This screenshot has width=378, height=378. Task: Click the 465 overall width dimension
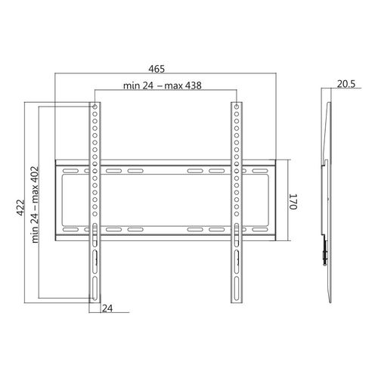[x=156, y=69]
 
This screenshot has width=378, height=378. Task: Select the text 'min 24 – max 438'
[x=163, y=85]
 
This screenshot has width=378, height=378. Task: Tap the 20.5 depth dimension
[x=346, y=84]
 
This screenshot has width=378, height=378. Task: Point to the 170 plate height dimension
[x=293, y=202]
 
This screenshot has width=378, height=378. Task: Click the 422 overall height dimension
[x=20, y=208]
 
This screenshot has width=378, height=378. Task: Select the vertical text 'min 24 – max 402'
[x=35, y=204]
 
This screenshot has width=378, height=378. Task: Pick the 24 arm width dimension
[x=107, y=308]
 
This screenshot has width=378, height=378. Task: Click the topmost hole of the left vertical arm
[x=94, y=107]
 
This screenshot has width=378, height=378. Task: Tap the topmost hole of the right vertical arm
[x=237, y=107]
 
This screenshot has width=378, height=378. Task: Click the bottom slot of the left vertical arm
[x=94, y=288]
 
